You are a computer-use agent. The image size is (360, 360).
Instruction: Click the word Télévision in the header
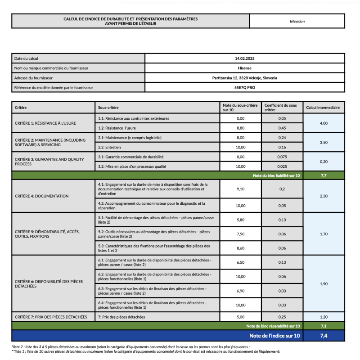coord(297,21)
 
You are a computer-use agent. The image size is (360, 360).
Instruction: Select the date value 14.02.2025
coord(244,58)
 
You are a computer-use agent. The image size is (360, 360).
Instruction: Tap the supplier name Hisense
coord(244,68)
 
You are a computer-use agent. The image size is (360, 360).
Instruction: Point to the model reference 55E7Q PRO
coord(244,87)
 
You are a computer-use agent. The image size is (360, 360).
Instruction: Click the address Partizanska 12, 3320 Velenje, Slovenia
coord(244,78)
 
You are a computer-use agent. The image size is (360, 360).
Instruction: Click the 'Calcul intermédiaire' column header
coord(323,108)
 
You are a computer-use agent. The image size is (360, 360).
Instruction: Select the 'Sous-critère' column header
coord(108,108)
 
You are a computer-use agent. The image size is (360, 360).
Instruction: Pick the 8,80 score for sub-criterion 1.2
coord(240,128)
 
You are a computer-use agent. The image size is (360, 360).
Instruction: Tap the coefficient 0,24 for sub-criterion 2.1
coord(282,137)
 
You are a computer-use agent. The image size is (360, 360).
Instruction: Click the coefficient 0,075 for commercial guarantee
coord(282,157)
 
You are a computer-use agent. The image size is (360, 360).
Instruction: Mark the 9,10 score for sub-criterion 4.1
coord(240,189)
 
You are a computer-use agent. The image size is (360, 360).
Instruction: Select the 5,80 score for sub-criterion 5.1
coord(240,220)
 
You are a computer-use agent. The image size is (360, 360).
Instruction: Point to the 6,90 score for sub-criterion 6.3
coord(240,291)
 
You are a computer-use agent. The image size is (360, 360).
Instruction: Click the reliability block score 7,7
coord(323,175)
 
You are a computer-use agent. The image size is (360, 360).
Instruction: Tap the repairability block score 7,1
coord(323,326)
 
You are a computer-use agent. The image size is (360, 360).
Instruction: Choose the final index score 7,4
coord(323,336)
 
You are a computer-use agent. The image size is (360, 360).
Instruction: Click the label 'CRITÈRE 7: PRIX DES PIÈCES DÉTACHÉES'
coord(51,317)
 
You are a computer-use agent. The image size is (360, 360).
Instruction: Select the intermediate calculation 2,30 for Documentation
coord(323,196)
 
